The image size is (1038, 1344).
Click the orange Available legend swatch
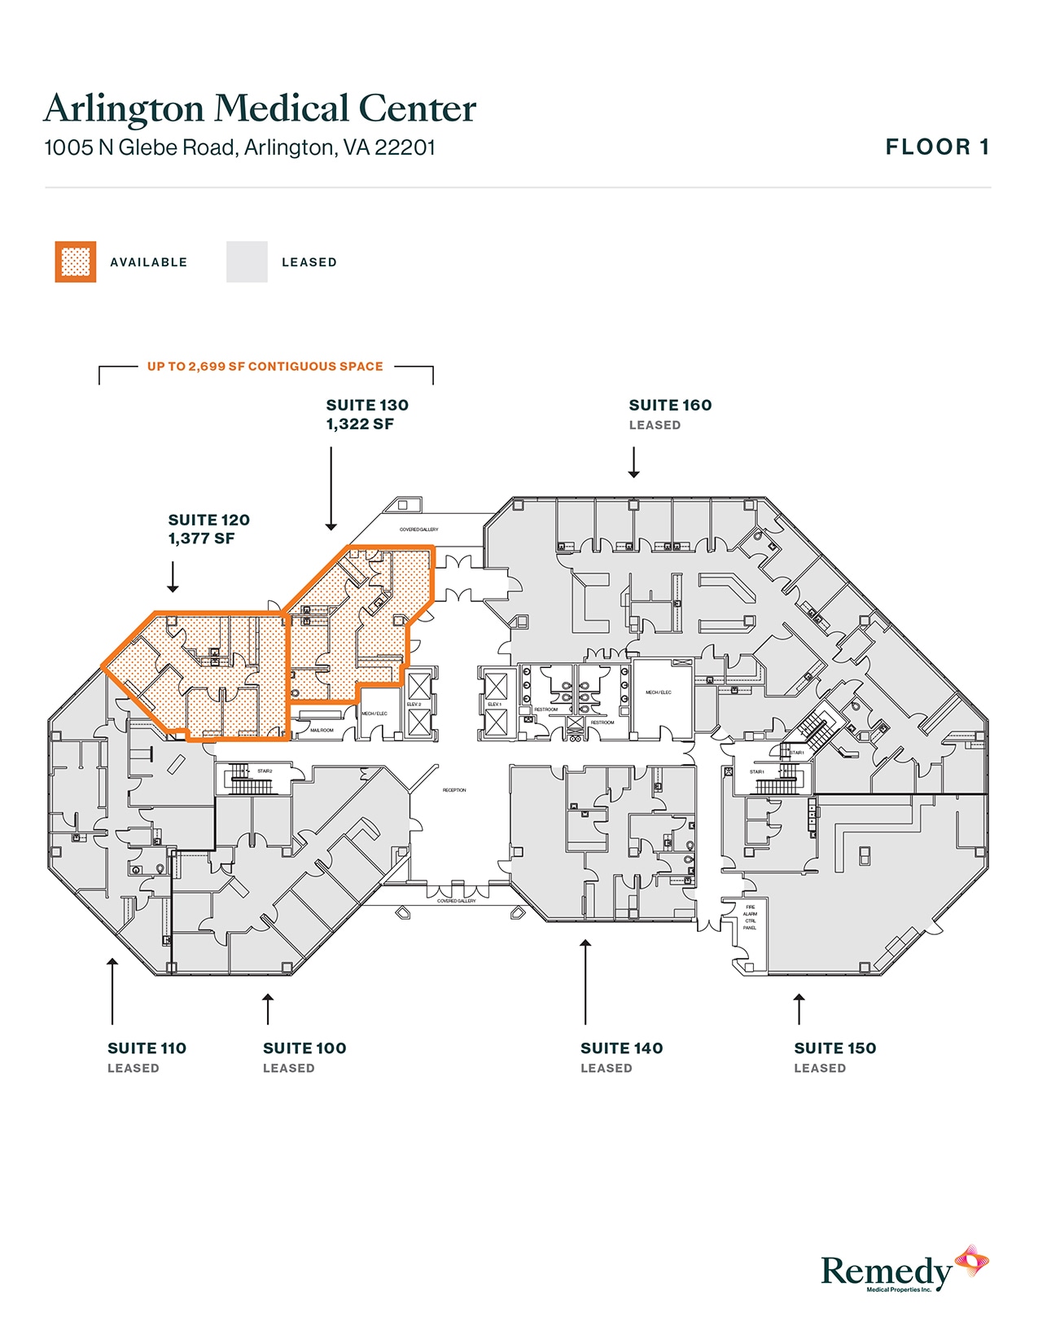(76, 262)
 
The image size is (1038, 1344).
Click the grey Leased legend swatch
(247, 262)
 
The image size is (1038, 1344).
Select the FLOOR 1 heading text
(937, 147)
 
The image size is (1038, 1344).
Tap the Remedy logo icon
(971, 1262)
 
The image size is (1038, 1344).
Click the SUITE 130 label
(367, 405)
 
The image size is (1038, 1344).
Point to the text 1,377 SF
(201, 538)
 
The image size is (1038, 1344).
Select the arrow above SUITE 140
(585, 981)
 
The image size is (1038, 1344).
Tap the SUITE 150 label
(834, 1048)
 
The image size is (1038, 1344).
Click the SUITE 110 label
(147, 1048)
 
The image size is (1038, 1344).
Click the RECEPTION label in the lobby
(454, 790)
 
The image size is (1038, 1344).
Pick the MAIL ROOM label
(322, 730)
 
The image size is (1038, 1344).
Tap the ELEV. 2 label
(414, 704)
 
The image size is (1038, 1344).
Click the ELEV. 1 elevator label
(494, 704)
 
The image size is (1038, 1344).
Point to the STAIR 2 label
(265, 771)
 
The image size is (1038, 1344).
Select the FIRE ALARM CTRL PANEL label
(750, 917)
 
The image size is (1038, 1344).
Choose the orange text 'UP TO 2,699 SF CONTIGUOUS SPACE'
(265, 367)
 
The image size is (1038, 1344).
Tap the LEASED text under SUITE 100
(288, 1068)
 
